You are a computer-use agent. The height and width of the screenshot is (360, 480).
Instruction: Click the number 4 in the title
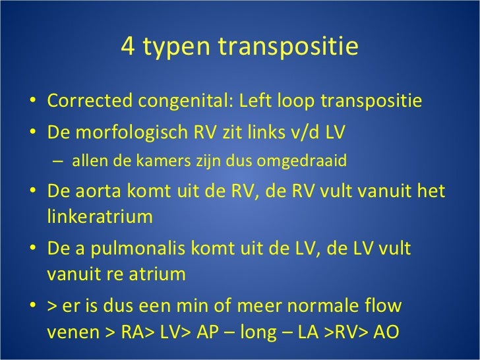(129, 47)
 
